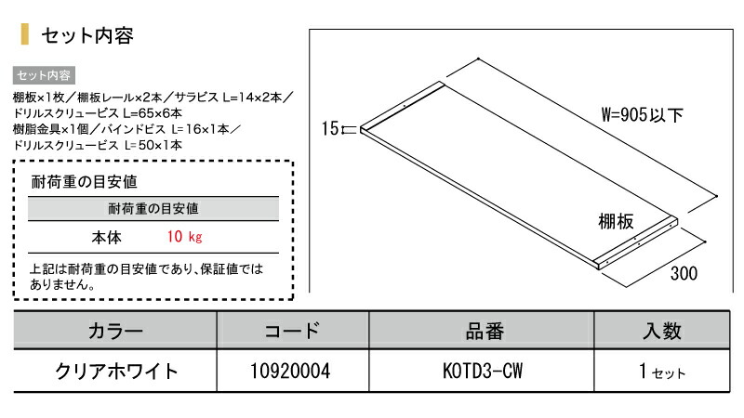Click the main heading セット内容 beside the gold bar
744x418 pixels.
click(x=87, y=35)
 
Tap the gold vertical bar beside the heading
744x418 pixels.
click(x=25, y=34)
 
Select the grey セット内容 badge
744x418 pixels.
click(x=44, y=75)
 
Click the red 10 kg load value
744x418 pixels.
click(x=184, y=237)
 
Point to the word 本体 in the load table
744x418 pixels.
click(x=106, y=237)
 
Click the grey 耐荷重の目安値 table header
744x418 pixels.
click(x=153, y=208)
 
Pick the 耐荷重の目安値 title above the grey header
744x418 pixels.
click(x=84, y=181)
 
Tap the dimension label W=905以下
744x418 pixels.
click(x=642, y=114)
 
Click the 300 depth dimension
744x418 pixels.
click(x=684, y=273)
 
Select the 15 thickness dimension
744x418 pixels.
click(x=330, y=128)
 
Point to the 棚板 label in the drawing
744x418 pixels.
click(x=616, y=221)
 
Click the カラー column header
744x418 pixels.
click(x=115, y=331)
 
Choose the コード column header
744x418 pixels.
click(x=292, y=331)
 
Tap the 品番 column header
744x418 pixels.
click(x=485, y=331)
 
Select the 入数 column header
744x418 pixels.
click(x=662, y=331)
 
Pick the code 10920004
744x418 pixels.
click(x=290, y=371)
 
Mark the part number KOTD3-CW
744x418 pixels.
click(x=483, y=371)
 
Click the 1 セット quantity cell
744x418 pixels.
click(x=662, y=372)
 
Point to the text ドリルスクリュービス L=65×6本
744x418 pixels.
click(x=98, y=113)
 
